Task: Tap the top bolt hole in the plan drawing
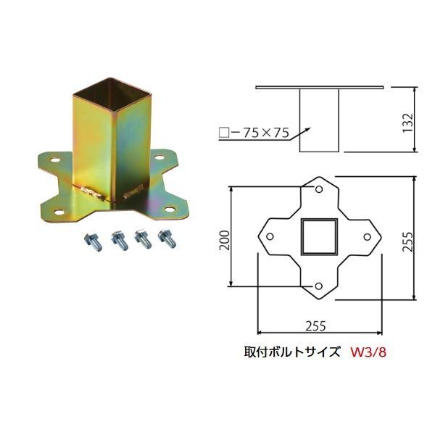point(318,189)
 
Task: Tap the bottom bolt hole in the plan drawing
point(318,286)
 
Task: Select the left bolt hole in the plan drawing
point(270,237)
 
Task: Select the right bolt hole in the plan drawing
point(367,237)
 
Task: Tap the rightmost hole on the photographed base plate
point(170,209)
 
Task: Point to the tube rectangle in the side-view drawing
point(318,120)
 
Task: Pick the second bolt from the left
point(117,239)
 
